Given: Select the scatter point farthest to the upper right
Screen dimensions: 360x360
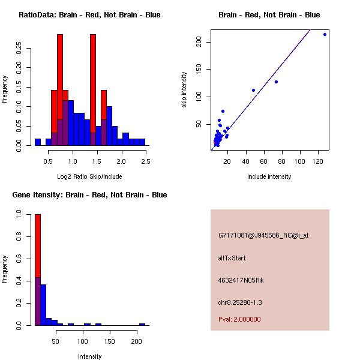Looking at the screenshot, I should (325, 34).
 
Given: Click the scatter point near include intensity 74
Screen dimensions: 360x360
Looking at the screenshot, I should (276, 82).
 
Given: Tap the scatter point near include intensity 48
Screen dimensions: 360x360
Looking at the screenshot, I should (253, 90).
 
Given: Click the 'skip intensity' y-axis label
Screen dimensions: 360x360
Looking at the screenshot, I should (184, 90).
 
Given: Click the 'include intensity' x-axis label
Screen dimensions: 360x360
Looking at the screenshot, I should (269, 176).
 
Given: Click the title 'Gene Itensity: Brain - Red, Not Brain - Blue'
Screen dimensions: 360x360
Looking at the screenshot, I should (89, 195).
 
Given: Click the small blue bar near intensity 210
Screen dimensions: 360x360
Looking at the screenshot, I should (142, 324).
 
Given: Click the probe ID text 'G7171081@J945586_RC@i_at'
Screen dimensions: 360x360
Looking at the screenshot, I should (263, 236).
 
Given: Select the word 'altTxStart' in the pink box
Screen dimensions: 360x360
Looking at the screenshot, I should (232, 258).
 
